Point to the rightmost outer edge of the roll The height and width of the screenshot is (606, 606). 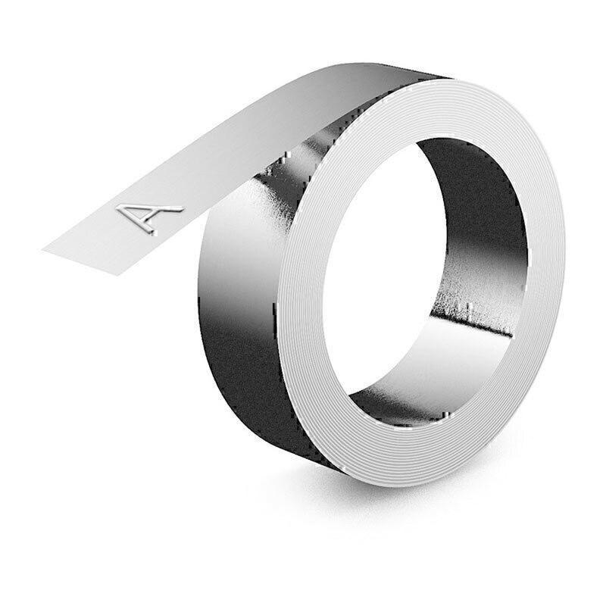564,250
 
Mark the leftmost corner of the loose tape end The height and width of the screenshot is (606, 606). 43,247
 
